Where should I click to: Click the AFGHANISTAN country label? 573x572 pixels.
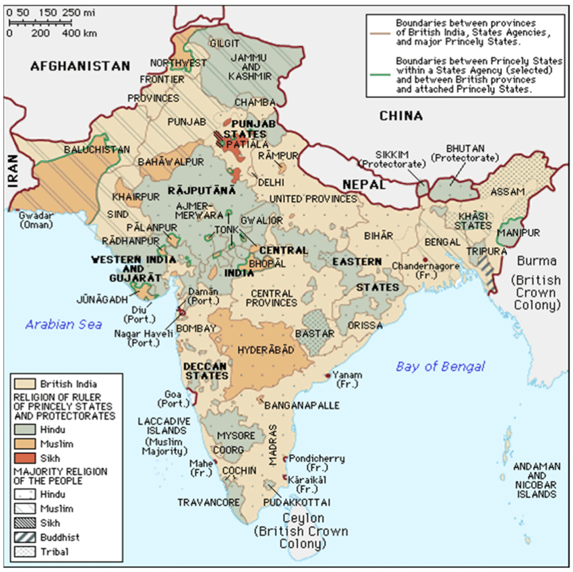[80, 65]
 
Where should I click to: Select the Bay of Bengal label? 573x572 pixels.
[440, 366]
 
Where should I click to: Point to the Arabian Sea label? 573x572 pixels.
[64, 324]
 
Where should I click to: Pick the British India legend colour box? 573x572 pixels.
[25, 384]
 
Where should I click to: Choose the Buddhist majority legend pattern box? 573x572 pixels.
[25, 537]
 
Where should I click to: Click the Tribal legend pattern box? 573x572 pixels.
[25, 551]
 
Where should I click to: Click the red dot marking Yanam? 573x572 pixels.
[327, 375]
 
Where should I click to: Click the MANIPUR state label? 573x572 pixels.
[518, 233]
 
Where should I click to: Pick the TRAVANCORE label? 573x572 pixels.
[206, 502]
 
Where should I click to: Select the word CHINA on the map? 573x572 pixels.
[400, 116]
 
